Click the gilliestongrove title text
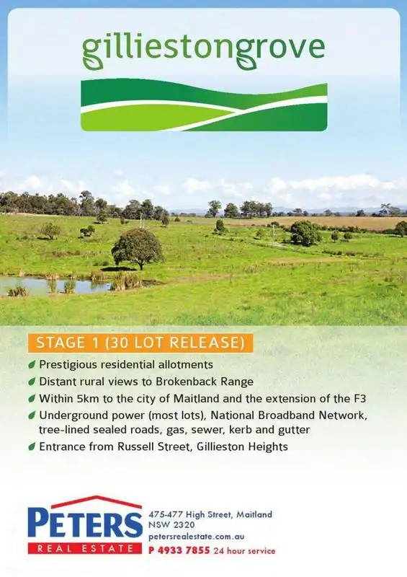click(203, 48)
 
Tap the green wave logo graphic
click(203, 107)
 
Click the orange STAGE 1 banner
click(140, 341)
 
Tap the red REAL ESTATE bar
click(84, 549)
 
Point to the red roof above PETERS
click(84, 501)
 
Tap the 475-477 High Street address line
click(210, 514)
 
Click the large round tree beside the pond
click(137, 247)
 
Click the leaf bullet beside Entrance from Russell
click(32, 446)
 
